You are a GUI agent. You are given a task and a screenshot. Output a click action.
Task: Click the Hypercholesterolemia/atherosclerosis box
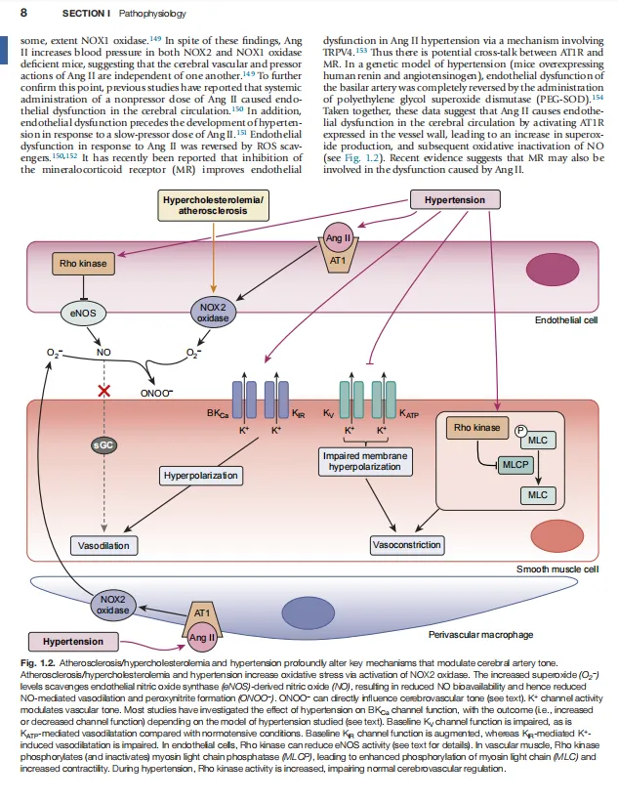(213, 205)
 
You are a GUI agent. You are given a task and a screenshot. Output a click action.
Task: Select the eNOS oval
(83, 314)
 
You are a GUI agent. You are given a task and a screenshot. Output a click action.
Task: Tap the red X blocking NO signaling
(104, 392)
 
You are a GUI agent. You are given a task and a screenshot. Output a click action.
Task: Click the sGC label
(103, 444)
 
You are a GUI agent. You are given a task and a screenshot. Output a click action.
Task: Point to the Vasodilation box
(103, 546)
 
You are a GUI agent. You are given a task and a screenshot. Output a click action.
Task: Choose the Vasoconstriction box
(406, 545)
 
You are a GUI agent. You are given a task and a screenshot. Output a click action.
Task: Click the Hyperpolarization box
(201, 476)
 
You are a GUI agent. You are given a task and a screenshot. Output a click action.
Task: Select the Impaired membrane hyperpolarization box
(365, 461)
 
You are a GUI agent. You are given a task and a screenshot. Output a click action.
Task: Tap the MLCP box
(515, 465)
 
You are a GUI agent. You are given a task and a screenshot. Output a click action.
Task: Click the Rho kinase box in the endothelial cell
(83, 264)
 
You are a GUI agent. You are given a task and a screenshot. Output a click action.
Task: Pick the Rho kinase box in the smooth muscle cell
(477, 428)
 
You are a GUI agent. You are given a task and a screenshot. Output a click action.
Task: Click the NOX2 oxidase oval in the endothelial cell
(213, 313)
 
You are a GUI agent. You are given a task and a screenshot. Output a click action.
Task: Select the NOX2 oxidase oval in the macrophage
(113, 605)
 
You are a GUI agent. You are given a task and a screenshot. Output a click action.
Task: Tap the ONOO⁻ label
(156, 393)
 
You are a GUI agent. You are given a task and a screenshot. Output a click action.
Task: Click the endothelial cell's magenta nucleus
(553, 270)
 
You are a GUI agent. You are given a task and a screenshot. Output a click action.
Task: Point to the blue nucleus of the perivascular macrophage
(309, 612)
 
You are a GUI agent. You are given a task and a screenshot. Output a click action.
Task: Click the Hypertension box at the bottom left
(73, 642)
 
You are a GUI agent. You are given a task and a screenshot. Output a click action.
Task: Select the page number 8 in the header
(23, 13)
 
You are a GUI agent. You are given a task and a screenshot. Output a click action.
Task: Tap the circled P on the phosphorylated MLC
(520, 431)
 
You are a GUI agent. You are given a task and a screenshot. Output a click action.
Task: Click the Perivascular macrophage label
(480, 635)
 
